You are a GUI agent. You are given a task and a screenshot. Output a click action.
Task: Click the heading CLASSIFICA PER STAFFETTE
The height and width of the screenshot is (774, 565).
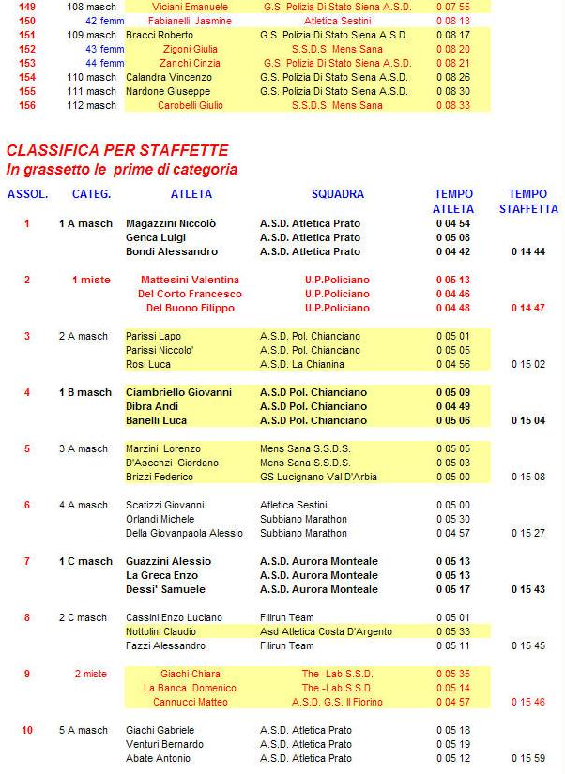click(117, 150)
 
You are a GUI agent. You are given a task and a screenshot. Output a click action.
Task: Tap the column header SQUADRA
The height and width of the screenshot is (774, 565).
click(337, 194)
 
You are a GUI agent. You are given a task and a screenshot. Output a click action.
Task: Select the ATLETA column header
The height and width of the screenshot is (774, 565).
click(191, 194)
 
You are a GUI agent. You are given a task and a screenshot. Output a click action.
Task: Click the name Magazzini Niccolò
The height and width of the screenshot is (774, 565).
click(171, 223)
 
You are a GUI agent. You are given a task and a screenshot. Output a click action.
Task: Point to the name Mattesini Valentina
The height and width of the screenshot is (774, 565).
click(190, 280)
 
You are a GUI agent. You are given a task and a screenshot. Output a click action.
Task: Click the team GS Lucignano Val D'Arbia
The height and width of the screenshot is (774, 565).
click(318, 477)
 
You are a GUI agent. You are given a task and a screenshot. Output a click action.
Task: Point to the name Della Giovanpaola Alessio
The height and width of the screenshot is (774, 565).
click(184, 533)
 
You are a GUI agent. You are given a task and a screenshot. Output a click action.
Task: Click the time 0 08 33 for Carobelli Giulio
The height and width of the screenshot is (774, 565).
click(453, 105)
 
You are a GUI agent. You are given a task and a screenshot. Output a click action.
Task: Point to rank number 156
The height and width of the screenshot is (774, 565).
click(27, 105)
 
